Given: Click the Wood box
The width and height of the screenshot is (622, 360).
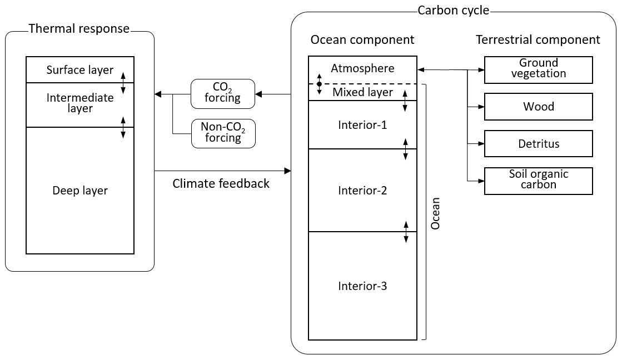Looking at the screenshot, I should coord(539,107).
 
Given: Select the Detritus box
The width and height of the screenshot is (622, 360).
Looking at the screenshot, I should coord(539,144).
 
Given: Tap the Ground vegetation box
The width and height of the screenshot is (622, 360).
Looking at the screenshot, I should coord(539,69).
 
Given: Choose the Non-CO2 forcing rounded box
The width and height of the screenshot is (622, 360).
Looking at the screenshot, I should coord(223,133).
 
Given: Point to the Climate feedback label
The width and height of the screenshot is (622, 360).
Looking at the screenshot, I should coord(221,183).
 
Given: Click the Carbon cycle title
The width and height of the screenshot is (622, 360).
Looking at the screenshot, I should coord(453,11).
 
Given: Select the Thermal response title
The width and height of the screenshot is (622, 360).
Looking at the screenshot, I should coord(79,28).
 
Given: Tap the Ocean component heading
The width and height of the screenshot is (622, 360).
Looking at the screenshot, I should coord(362,40).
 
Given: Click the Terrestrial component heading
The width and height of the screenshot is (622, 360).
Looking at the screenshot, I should coord(538,40).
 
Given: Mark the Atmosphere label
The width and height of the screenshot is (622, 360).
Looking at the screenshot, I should coord(362,68).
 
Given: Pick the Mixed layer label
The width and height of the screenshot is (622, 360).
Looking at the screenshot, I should coord(362,92).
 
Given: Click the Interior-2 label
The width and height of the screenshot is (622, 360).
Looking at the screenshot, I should coord(362,191).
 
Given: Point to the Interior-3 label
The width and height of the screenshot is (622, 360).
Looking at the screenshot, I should coord(362,286).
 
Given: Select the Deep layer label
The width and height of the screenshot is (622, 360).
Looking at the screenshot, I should coord(80,191).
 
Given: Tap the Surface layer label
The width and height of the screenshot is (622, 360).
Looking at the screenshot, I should coord(80,70).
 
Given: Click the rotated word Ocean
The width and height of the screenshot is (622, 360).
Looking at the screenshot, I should coord(436,213).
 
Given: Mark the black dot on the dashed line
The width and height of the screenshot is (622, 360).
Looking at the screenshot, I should coord(319,84).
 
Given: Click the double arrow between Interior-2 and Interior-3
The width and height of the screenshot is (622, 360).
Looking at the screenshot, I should coord(406,232).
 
